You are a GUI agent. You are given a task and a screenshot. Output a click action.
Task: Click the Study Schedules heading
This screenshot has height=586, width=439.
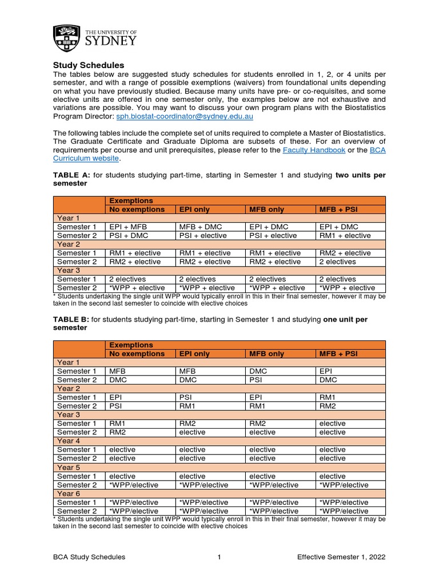88,65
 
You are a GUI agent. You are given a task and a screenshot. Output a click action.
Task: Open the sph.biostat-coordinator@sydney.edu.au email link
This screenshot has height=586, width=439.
184,116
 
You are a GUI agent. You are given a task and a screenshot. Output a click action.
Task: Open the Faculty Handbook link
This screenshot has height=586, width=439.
314,150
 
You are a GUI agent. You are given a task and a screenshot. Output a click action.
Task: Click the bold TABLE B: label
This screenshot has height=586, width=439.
73,319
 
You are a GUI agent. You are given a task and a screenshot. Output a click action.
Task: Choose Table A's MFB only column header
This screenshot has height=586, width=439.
267,209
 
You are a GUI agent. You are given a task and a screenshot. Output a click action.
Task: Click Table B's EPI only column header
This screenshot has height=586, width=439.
194,354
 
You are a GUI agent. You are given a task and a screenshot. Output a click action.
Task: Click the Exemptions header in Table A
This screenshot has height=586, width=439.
131,201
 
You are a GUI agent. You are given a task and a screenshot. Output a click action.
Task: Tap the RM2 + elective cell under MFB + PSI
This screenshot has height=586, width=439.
345,253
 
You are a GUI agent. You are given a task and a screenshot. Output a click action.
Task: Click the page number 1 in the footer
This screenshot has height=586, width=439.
219,557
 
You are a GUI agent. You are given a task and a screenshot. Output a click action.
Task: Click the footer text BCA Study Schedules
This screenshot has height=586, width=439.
90,557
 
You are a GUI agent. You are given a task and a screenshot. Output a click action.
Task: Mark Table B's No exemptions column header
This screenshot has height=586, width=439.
137,354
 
